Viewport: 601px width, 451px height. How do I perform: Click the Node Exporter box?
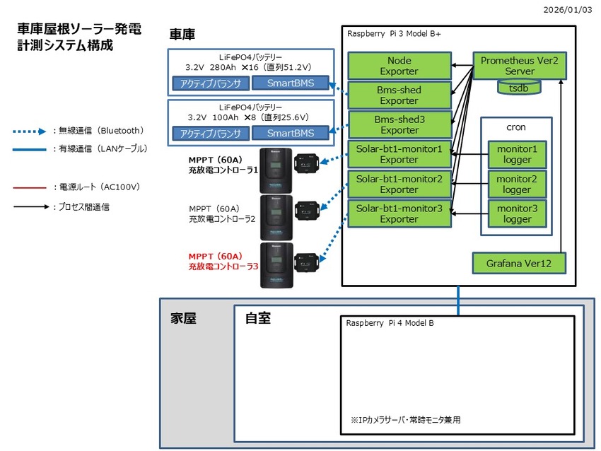(399, 66)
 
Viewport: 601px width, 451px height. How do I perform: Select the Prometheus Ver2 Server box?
(519, 66)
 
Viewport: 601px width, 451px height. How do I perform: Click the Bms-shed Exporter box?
(399, 95)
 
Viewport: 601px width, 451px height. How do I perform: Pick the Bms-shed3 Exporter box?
(399, 125)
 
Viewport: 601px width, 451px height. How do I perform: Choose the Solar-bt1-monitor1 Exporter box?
(399, 155)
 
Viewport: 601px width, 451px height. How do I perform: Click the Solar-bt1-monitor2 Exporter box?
(399, 184)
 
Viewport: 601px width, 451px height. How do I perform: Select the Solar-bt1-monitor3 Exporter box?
(399, 213)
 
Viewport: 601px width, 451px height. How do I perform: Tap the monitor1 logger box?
(516, 155)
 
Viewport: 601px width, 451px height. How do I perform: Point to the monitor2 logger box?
(516, 184)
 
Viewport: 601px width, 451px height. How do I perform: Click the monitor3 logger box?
(516, 213)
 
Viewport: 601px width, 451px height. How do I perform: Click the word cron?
(516, 127)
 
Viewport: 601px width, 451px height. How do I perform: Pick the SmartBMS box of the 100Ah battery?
(291, 133)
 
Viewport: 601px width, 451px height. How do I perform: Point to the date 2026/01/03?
(571, 10)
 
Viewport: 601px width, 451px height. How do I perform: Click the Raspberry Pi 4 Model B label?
(390, 323)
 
